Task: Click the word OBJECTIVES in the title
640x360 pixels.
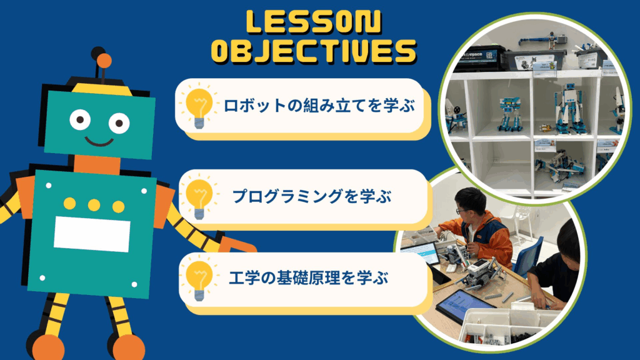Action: pyautogui.click(x=314, y=51)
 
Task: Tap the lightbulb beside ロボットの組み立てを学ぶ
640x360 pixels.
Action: pyautogui.click(x=199, y=107)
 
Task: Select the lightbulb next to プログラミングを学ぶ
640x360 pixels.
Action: pyautogui.click(x=199, y=198)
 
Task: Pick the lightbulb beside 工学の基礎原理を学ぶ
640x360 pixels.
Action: pyautogui.click(x=199, y=280)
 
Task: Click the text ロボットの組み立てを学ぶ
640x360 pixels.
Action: pyautogui.click(x=319, y=106)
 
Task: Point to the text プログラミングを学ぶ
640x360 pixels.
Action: pyautogui.click(x=312, y=196)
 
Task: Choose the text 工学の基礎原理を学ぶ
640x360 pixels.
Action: pyautogui.click(x=309, y=278)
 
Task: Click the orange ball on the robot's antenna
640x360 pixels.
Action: pyautogui.click(x=104, y=61)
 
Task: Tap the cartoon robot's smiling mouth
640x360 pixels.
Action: pyautogui.click(x=99, y=141)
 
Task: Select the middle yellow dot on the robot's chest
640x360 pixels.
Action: pyautogui.click(x=94, y=205)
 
